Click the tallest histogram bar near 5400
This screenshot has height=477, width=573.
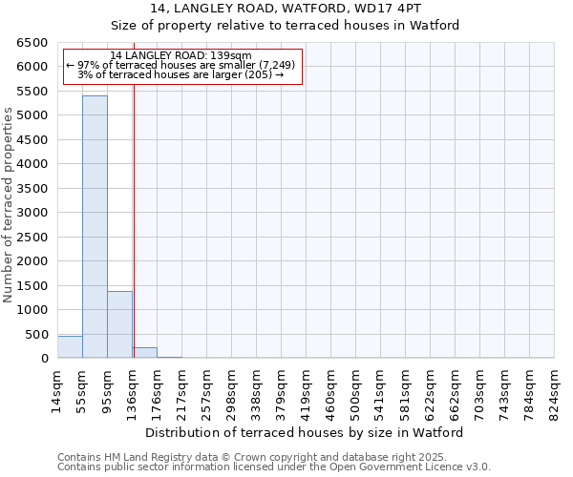[95, 227]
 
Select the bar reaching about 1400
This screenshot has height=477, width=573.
[119, 324]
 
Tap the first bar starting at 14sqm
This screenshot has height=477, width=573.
[70, 347]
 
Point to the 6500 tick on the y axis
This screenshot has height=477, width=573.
[32, 43]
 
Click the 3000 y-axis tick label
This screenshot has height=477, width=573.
[32, 213]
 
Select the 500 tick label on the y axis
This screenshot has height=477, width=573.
[35, 335]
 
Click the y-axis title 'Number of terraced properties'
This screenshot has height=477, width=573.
[9, 205]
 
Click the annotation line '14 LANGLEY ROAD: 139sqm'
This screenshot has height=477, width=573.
[180, 55]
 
